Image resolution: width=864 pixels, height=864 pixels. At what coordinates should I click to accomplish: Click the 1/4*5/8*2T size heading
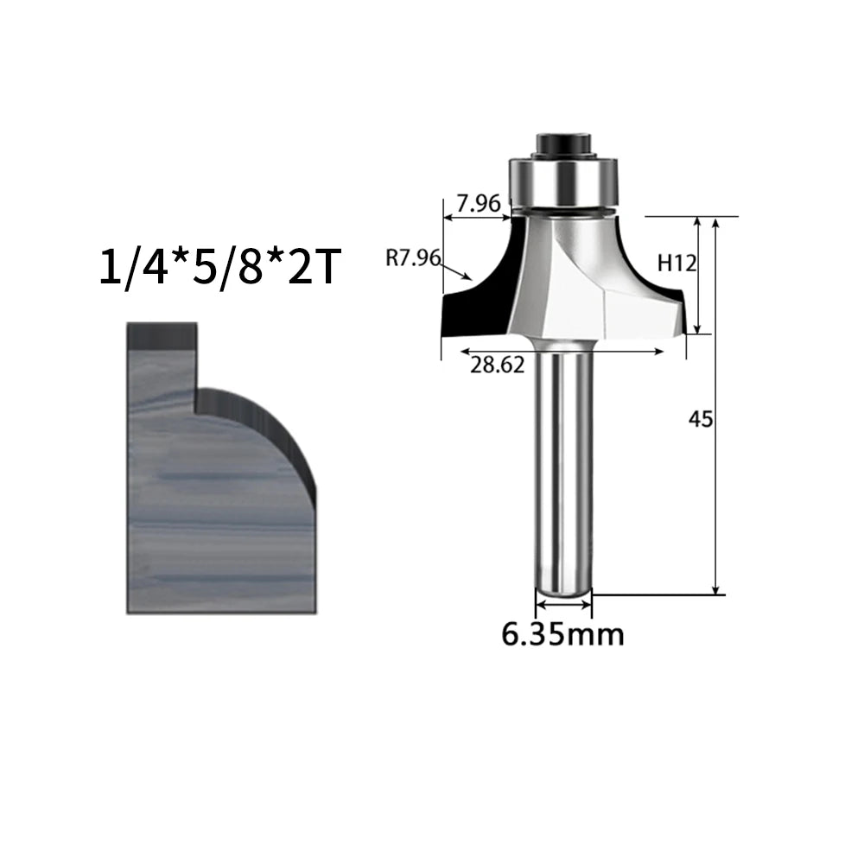pyautogui.click(x=218, y=267)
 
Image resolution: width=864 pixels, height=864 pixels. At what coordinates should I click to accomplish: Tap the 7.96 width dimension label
pyautogui.click(x=479, y=203)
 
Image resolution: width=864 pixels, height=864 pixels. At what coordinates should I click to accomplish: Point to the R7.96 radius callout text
pyautogui.click(x=413, y=257)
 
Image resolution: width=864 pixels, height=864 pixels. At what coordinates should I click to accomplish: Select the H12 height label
pyautogui.click(x=677, y=264)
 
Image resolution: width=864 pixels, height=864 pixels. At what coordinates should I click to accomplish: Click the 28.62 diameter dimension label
pyautogui.click(x=497, y=365)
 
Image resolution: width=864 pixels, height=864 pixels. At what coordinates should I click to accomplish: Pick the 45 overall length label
pyautogui.click(x=701, y=420)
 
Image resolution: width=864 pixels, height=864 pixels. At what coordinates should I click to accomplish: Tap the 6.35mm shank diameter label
pyautogui.click(x=562, y=634)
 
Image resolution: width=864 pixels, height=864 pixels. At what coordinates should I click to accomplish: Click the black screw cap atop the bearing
pyautogui.click(x=562, y=145)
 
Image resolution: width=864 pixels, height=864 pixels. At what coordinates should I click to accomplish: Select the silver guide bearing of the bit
pyautogui.click(x=563, y=182)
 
